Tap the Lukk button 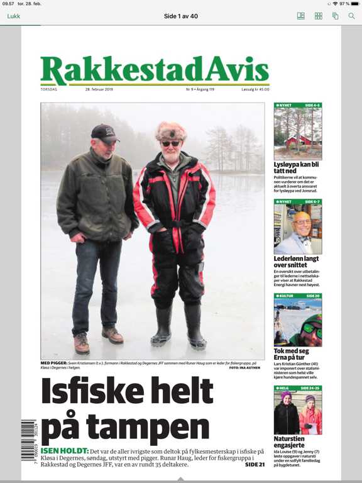coord(14,16)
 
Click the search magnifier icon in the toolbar coord(351,16)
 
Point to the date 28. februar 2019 coord(99,89)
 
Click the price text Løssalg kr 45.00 coord(255,89)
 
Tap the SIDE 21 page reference coord(255,465)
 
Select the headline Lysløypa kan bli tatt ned coord(296,167)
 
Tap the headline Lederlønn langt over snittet coord(296,262)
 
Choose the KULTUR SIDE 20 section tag coord(297,295)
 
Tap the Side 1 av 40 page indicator coord(181,16)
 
